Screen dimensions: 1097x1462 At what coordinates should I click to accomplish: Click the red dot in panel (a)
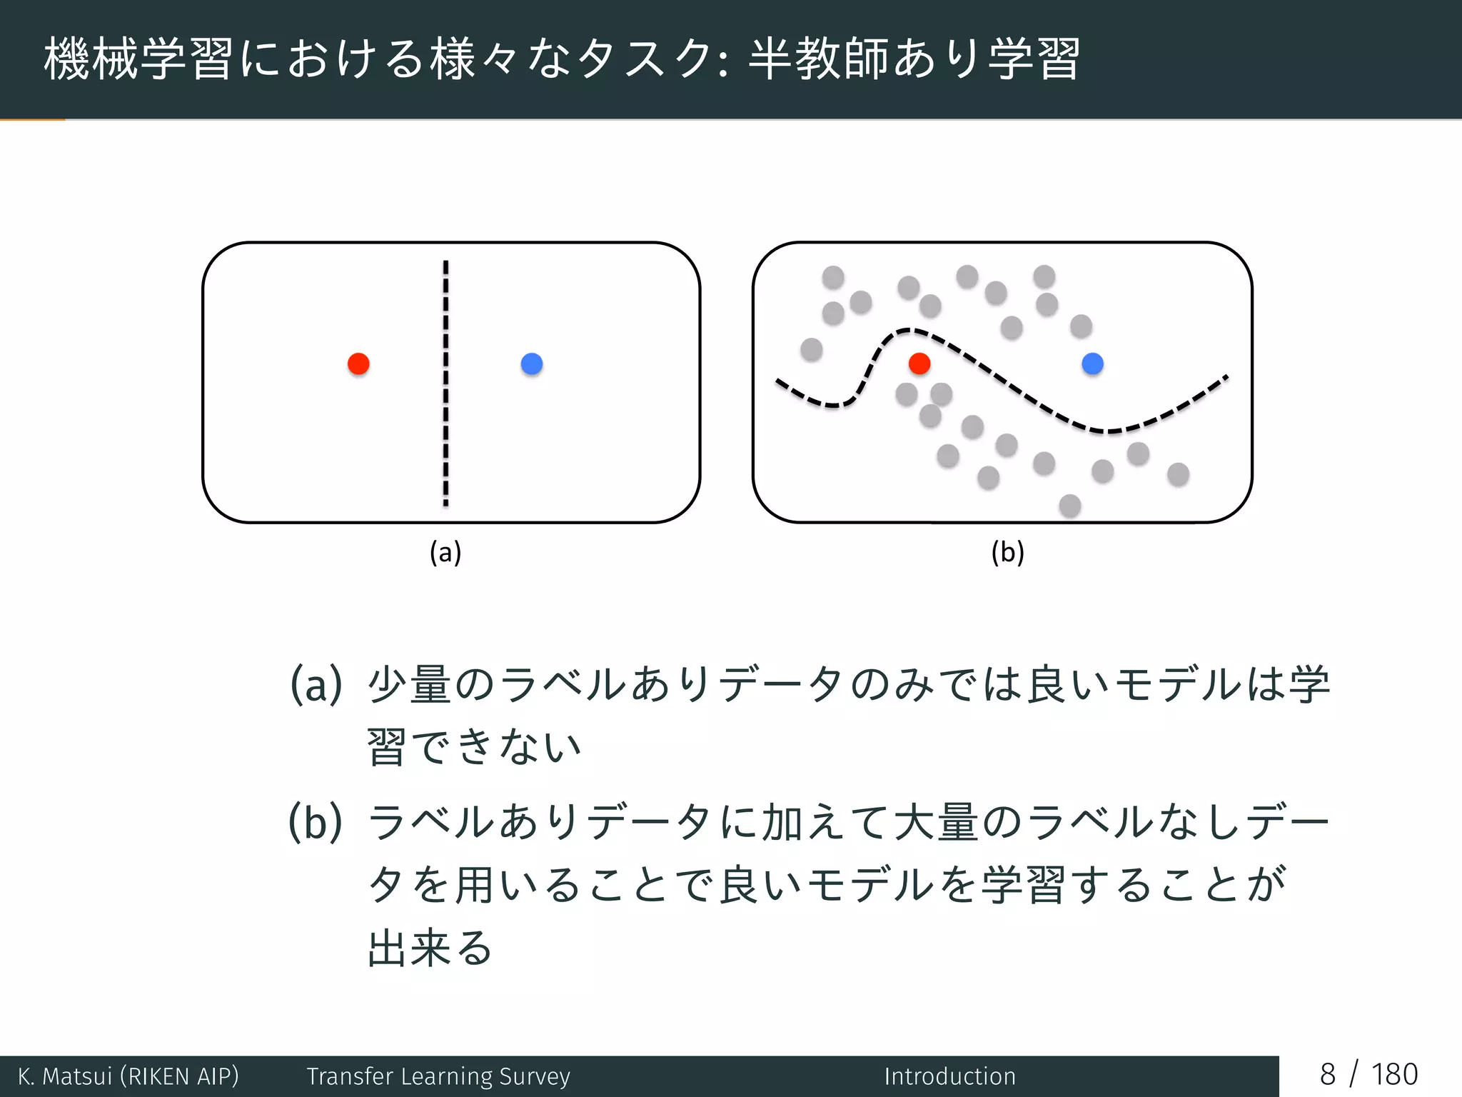[358, 364]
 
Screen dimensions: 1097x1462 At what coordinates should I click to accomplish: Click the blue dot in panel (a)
[532, 364]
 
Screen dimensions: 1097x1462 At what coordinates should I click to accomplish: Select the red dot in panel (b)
[919, 364]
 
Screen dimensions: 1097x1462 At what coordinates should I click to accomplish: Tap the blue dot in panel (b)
[1092, 364]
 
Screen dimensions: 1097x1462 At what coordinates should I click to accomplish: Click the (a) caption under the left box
[445, 553]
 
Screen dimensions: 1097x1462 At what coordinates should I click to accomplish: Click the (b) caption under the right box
[1007, 553]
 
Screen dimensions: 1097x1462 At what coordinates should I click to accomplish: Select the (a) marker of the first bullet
[316, 684]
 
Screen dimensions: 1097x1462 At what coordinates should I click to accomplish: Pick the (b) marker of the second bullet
[315, 822]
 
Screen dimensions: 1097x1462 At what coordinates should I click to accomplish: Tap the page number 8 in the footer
[1327, 1075]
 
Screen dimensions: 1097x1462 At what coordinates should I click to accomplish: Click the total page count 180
[1394, 1075]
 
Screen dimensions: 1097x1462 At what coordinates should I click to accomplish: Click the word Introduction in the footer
[949, 1076]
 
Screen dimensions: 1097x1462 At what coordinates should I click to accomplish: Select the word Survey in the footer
[535, 1076]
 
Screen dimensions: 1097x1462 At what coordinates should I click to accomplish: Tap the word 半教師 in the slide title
[818, 59]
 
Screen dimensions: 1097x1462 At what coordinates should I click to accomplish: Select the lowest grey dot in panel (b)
[1069, 506]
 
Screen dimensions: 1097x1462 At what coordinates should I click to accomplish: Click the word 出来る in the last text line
[430, 949]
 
